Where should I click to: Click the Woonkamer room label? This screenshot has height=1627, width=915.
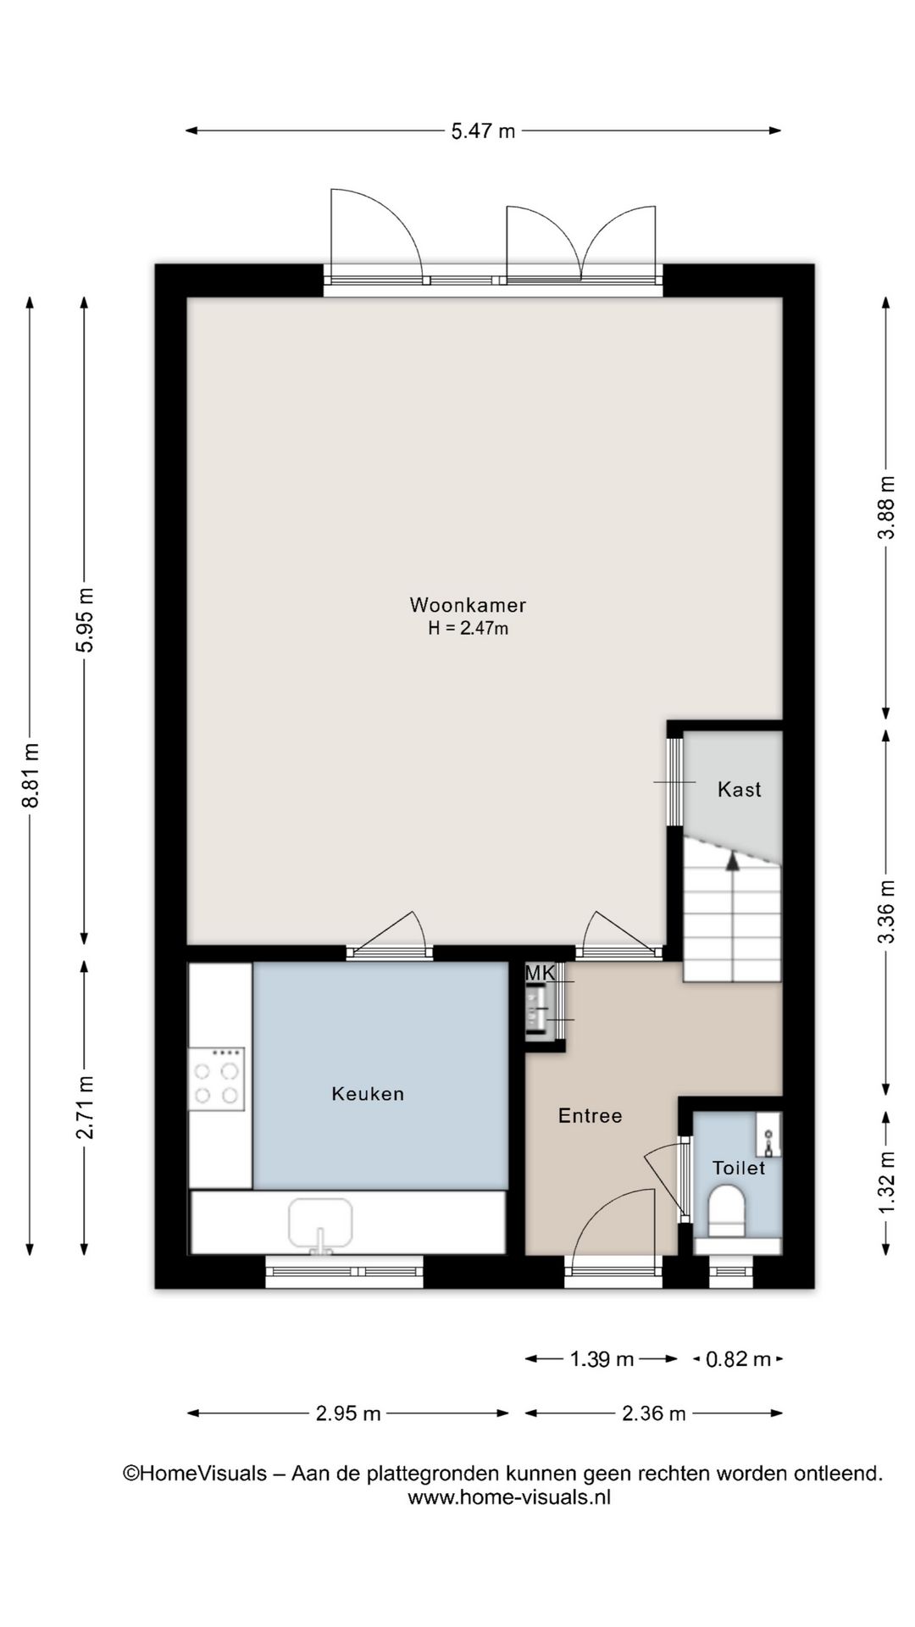[x=468, y=605]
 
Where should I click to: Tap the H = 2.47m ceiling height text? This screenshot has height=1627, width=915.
[x=468, y=629]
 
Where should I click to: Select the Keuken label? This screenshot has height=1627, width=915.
[x=368, y=1094]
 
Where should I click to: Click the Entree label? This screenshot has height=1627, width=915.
[x=591, y=1116]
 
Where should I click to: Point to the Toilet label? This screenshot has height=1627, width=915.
[x=739, y=1168]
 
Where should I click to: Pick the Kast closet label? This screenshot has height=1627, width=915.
[x=740, y=790]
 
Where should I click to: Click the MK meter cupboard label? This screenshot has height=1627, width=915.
[x=540, y=973]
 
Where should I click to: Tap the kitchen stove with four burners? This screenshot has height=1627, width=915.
[x=216, y=1079]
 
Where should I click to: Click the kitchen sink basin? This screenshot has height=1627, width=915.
[x=320, y=1224]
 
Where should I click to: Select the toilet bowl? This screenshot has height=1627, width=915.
[x=726, y=1210]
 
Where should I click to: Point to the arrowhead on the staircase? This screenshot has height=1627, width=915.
[x=732, y=861]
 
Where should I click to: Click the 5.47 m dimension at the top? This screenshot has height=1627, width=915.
[x=483, y=130]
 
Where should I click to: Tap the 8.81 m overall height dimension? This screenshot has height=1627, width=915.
[x=30, y=775]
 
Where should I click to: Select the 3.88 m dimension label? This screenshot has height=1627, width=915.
[x=886, y=508]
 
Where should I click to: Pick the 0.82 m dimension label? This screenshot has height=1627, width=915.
[x=738, y=1359]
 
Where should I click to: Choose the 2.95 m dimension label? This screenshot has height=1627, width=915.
[x=348, y=1413]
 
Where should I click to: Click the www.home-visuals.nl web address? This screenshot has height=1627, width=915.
[x=509, y=1497]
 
